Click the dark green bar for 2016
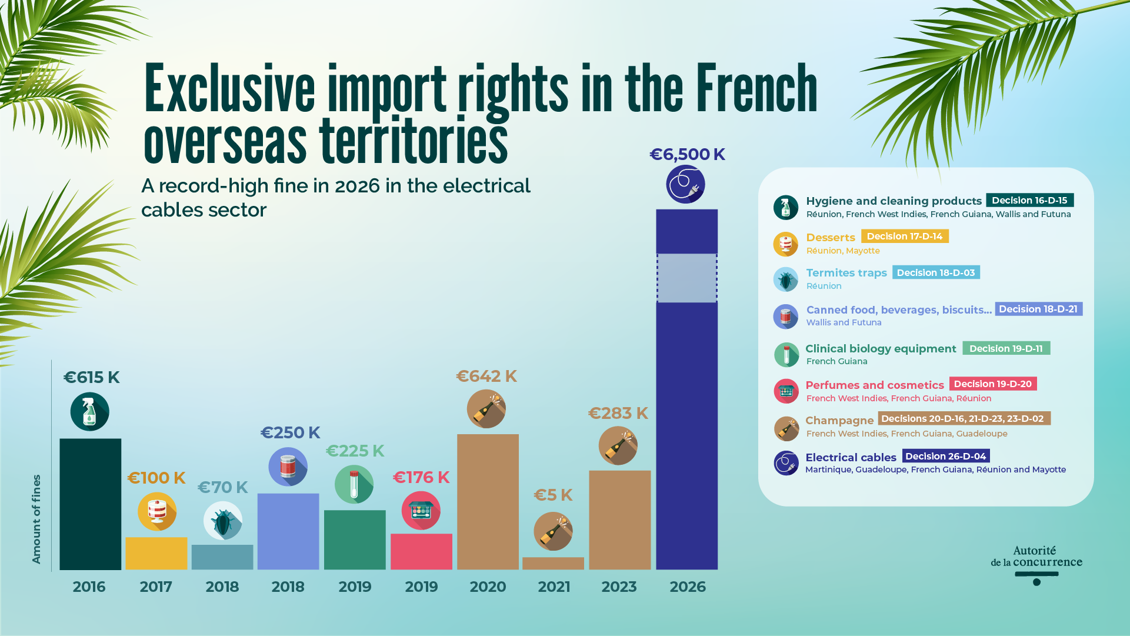(90, 504)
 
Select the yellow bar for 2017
(156, 553)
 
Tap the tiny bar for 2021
(553, 563)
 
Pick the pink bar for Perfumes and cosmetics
(421, 551)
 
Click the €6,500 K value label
(687, 154)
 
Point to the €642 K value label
(486, 376)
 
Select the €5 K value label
(553, 495)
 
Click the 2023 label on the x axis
(619, 587)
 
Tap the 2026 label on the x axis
(687, 587)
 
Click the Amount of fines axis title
(36, 519)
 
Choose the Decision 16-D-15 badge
(1029, 201)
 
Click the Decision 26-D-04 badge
(945, 456)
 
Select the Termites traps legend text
(846, 273)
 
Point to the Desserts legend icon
(785, 244)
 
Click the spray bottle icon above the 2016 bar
(89, 411)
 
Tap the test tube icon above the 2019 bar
(354, 484)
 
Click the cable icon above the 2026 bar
(685, 184)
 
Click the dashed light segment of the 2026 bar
(686, 278)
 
